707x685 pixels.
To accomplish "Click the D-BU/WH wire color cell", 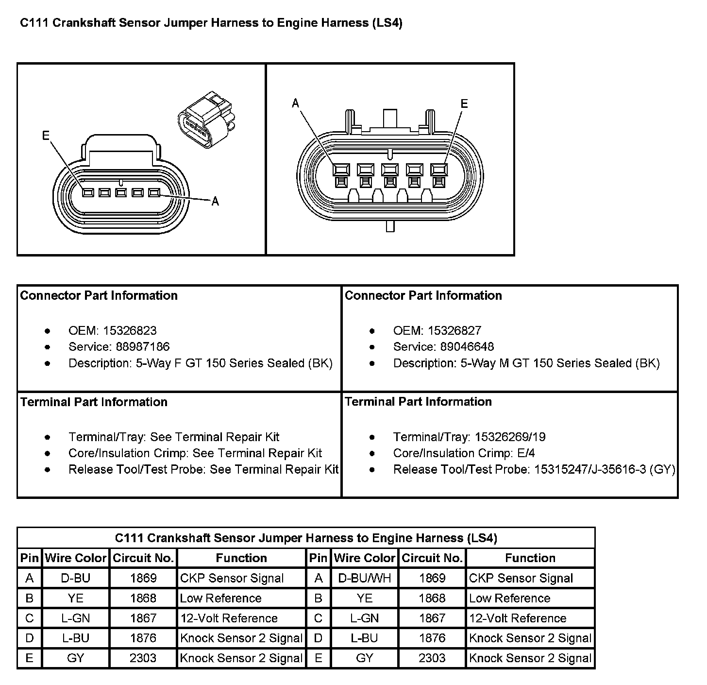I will point(364,578).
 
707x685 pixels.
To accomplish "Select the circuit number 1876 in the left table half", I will point(143,638).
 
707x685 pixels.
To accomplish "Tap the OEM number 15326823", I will point(130,331).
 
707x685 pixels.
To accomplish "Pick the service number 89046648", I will point(467,347).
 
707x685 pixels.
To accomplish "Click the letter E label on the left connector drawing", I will point(46,135).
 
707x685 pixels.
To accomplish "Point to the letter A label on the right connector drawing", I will point(296,103).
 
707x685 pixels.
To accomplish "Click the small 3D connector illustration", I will point(206,119).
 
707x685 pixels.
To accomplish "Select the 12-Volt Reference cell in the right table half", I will point(518,618).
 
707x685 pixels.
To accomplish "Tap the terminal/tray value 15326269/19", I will point(510,437).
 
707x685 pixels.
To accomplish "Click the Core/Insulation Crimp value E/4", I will point(526,453).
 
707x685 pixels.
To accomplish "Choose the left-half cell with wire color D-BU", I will point(76,578).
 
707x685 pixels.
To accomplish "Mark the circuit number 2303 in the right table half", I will point(432,658).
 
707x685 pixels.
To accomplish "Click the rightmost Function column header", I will point(530,558).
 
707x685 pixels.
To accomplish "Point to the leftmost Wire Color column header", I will point(76,558).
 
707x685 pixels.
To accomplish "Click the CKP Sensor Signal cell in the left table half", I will point(232,578).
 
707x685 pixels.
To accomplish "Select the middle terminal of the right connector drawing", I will point(390,170).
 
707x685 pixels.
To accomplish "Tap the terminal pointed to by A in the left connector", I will point(154,193).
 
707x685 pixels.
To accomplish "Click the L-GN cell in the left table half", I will point(76,618).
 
